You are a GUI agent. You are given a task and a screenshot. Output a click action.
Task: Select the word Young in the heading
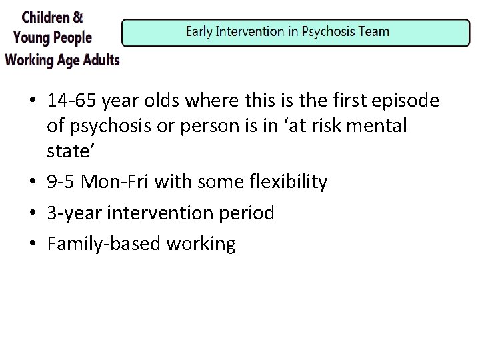(x=32, y=37)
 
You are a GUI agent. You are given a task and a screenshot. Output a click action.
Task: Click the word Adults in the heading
(x=97, y=59)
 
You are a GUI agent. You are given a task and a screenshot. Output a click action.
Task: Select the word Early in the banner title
(x=200, y=31)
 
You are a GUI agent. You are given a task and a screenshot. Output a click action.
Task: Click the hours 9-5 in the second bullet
(x=62, y=181)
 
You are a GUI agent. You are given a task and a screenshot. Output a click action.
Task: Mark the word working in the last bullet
(x=203, y=244)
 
